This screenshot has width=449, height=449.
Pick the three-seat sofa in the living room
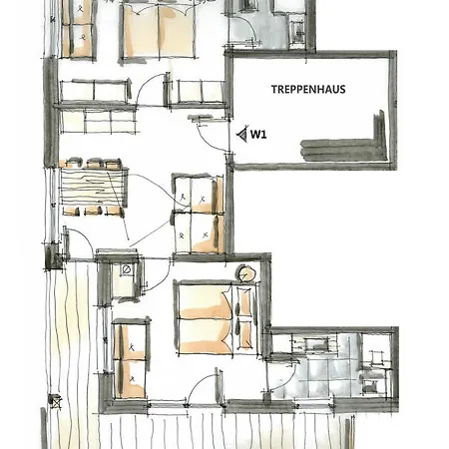coord(94,92)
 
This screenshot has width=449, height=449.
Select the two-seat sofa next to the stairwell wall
coord(198,94)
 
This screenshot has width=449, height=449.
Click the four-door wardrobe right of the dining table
coord(197,213)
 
